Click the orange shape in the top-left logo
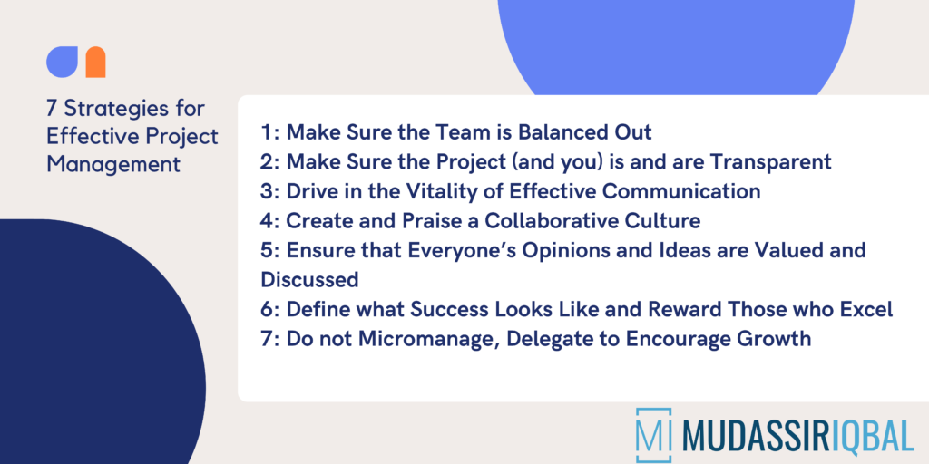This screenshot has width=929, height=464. click(95, 63)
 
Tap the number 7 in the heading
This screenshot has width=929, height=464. click(52, 109)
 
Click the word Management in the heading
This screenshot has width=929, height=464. click(101, 165)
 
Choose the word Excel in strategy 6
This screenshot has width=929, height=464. click(866, 309)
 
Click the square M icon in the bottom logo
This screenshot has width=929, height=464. click(654, 435)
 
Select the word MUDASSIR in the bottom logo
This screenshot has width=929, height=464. click(752, 435)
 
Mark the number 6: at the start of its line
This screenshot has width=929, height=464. click(269, 309)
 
